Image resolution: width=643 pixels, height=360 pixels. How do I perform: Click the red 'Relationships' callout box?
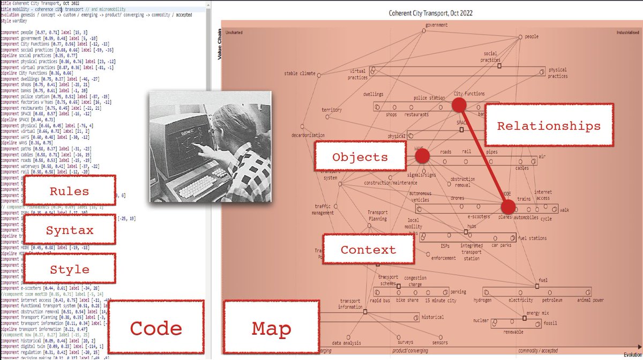pyautogui.click(x=549, y=125)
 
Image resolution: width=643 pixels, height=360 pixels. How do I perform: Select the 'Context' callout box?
pyautogui.click(x=368, y=249)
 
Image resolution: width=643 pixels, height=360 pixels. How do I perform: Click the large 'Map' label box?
pyautogui.click(x=271, y=328)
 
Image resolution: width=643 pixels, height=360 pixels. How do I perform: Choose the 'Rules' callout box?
pyautogui.click(x=70, y=191)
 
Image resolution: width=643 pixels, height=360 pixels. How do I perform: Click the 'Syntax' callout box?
pyautogui.click(x=70, y=230)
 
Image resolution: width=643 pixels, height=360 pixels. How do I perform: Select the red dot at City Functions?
pyautogui.click(x=459, y=105)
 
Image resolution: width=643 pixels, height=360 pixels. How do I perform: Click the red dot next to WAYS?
pyautogui.click(x=422, y=156)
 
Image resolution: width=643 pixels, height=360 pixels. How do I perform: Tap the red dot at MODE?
pyautogui.click(x=508, y=206)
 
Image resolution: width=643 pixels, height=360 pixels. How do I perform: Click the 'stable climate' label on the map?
pyautogui.click(x=300, y=73)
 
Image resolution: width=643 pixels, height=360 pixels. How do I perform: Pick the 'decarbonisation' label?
pyautogui.click(x=308, y=136)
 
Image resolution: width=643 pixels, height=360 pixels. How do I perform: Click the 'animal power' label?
pyautogui.click(x=590, y=300)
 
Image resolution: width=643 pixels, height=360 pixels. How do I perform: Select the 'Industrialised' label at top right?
pyautogui.click(x=626, y=32)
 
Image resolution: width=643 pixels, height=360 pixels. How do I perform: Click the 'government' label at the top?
pyautogui.click(x=436, y=25)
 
